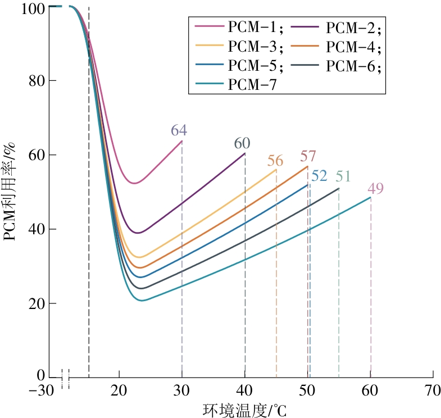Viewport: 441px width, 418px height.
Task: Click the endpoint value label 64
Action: coord(179,131)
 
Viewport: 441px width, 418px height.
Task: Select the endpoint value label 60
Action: coord(242,143)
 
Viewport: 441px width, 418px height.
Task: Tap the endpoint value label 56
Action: coord(275,161)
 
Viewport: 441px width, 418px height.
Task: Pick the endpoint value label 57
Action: coord(308,156)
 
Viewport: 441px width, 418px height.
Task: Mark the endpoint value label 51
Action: coord(343,177)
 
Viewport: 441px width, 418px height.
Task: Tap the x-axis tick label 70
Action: coord(433,389)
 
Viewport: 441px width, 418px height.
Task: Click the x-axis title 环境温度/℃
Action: coord(244,410)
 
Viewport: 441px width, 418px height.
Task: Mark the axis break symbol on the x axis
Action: coord(66,378)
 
